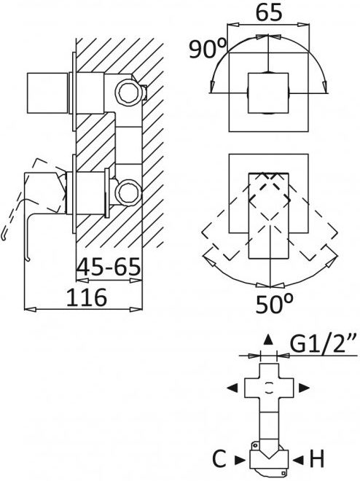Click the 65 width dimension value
[268, 13]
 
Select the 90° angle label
[208, 49]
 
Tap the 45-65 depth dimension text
[109, 267]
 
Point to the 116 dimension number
[87, 297]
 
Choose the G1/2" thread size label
[324, 345]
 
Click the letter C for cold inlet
[219, 459]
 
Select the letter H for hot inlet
[317, 459]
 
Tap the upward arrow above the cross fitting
[268, 340]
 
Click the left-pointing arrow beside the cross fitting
[232, 388]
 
